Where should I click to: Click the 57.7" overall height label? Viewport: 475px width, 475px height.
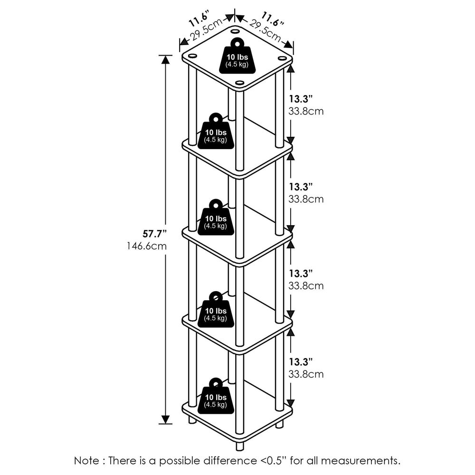click(x=155, y=234)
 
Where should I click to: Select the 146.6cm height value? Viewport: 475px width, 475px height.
click(x=147, y=246)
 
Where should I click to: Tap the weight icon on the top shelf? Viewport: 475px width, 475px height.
click(x=237, y=57)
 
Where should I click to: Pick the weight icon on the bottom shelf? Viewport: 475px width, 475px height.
click(x=215, y=396)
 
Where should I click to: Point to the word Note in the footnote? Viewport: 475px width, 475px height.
click(x=87, y=460)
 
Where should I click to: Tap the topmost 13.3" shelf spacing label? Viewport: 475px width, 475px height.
click(x=301, y=99)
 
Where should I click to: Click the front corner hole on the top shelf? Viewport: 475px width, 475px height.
click(x=239, y=84)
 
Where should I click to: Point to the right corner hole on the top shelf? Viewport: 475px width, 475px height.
click(x=282, y=58)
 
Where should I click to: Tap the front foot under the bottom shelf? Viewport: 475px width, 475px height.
click(x=239, y=445)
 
